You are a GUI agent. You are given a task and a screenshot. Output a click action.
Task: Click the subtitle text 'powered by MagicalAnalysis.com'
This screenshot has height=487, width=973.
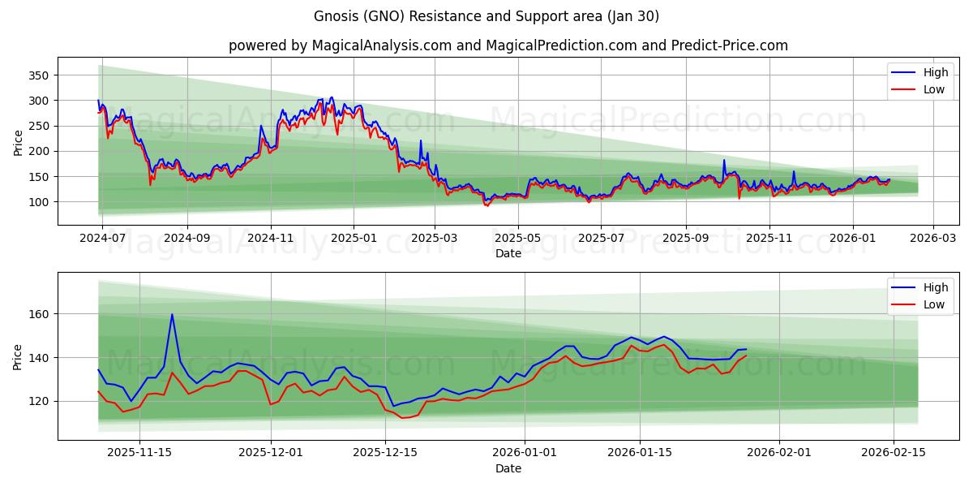(x=340, y=45)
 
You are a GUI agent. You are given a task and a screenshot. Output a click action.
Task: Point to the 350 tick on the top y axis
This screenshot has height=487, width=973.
(x=39, y=75)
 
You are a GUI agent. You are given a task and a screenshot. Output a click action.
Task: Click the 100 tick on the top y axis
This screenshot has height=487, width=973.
(x=39, y=202)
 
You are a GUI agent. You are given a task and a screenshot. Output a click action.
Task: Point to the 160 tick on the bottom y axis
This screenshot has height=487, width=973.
(x=39, y=314)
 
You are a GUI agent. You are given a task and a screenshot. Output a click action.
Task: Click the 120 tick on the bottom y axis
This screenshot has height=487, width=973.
(x=39, y=401)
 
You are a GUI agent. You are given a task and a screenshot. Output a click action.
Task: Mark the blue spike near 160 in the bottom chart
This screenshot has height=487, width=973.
(x=172, y=315)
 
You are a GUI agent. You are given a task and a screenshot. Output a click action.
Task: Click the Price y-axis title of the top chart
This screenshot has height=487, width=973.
(x=18, y=142)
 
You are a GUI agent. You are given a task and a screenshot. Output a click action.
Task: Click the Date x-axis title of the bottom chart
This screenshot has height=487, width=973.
(x=508, y=469)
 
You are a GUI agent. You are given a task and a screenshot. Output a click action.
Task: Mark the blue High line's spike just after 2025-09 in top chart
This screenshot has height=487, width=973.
(x=724, y=160)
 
